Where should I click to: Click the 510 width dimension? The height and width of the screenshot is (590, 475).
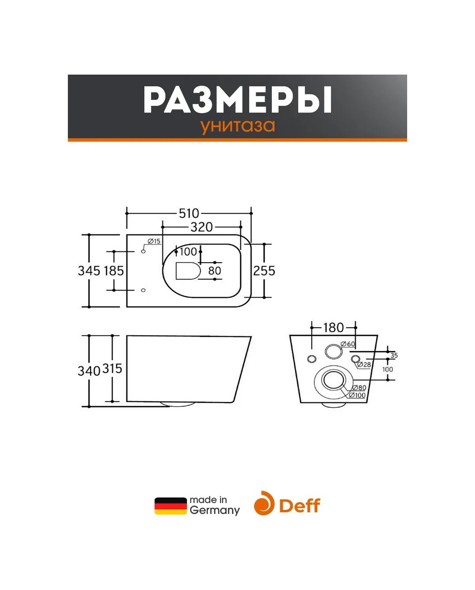tap(189, 213)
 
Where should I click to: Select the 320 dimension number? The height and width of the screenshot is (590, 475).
tap(201, 227)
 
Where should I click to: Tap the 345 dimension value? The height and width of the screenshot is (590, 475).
tap(89, 271)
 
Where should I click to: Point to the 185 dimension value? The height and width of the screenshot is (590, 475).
tap(114, 271)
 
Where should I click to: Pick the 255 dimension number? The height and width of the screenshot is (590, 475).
tap(264, 271)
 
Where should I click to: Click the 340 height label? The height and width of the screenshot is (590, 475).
tap(89, 371)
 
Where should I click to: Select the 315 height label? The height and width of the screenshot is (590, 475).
tap(112, 368)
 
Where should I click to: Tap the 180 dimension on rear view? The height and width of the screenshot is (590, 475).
tap(333, 328)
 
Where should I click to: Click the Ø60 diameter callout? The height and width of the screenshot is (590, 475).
tap(348, 344)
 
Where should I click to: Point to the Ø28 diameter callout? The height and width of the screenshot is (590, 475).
tap(364, 365)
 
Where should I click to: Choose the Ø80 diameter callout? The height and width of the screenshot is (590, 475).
tap(359, 387)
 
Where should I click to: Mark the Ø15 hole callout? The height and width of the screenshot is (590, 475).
tap(154, 241)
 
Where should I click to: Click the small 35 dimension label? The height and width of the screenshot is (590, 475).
tap(394, 355)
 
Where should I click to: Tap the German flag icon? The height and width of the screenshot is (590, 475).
tap(171, 506)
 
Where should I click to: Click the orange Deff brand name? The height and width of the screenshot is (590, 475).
tap(299, 505)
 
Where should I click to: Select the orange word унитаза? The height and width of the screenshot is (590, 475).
tap(237, 126)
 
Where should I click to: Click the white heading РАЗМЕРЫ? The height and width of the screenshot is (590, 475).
tap(237, 99)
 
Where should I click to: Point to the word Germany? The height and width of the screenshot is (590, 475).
tap(214, 511)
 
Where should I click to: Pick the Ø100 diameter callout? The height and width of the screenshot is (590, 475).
tap(357, 395)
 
